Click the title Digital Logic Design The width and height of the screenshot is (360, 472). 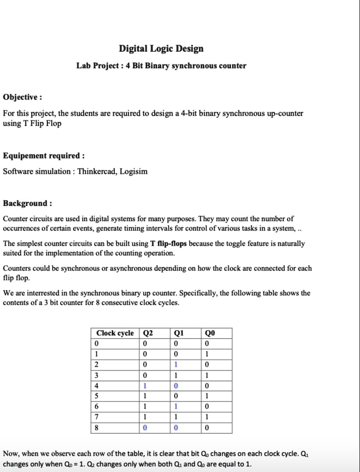coord(161,48)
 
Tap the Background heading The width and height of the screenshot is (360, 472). coord(27,203)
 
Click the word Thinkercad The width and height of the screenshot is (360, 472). coord(96,172)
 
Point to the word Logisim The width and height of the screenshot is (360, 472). coord(134,172)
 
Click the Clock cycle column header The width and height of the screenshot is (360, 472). coord(115,333)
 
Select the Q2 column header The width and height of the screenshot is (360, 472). coord(148,333)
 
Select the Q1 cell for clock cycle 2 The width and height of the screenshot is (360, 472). coord(176,365)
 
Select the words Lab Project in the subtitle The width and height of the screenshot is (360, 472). coord(98,66)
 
